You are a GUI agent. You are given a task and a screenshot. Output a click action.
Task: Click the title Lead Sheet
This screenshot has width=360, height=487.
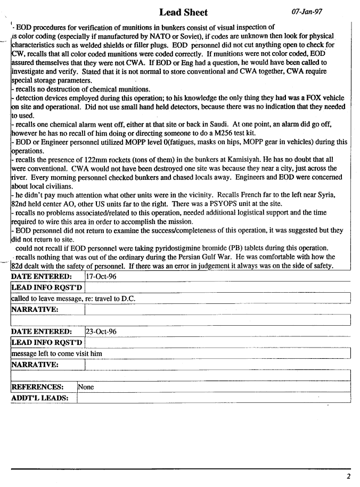pyautogui.click(x=183, y=12)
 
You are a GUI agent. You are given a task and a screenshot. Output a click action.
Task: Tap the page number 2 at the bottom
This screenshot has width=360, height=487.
pyautogui.click(x=348, y=476)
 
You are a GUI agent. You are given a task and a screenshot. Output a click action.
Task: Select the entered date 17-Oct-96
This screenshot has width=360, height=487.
pyautogui.click(x=101, y=277)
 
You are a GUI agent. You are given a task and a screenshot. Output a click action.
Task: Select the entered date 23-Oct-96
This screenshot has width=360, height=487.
pyautogui.click(x=101, y=332)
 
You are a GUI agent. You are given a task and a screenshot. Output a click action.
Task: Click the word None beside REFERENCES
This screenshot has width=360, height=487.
pyautogui.click(x=86, y=387)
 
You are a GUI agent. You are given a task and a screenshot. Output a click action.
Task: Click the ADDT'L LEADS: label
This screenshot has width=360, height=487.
pyautogui.click(x=40, y=398)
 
